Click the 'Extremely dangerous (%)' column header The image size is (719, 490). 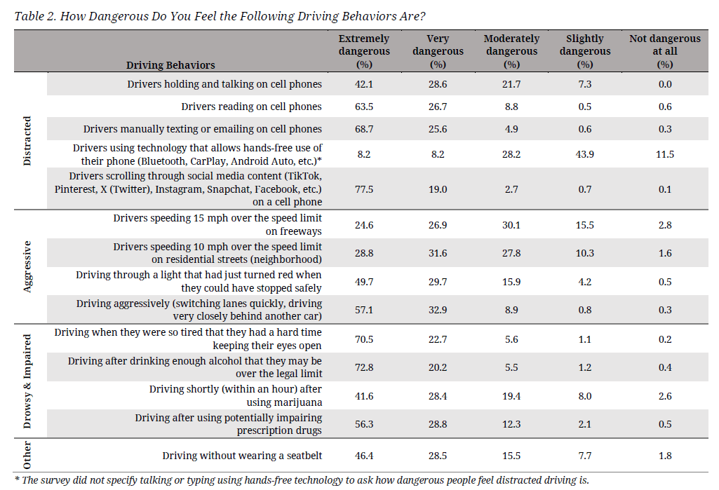pos(364,51)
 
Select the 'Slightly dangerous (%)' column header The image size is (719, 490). pos(584,51)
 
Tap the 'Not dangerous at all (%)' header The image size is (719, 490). pos(664,51)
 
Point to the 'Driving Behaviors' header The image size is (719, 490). pos(170,65)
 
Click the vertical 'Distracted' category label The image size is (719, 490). pos(27,141)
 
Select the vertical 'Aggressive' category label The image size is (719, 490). pos(27,266)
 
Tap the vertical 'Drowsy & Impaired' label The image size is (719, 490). pos(27,381)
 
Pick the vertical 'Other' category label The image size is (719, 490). pos(27,456)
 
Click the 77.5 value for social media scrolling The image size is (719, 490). pos(364,189)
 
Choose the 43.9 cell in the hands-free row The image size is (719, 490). pos(584,154)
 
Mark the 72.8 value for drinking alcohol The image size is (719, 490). pos(364,367)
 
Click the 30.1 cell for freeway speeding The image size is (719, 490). pos(511,225)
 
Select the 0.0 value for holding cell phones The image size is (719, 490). pos(664,84)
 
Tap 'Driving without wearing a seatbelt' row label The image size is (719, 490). pos(242,456)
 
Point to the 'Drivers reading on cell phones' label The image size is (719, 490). pos(251,107)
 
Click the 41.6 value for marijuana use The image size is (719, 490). pos(364,396)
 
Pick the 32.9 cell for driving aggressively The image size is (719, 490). pos(438,311)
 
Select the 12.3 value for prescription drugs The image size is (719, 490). pos(511,424)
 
